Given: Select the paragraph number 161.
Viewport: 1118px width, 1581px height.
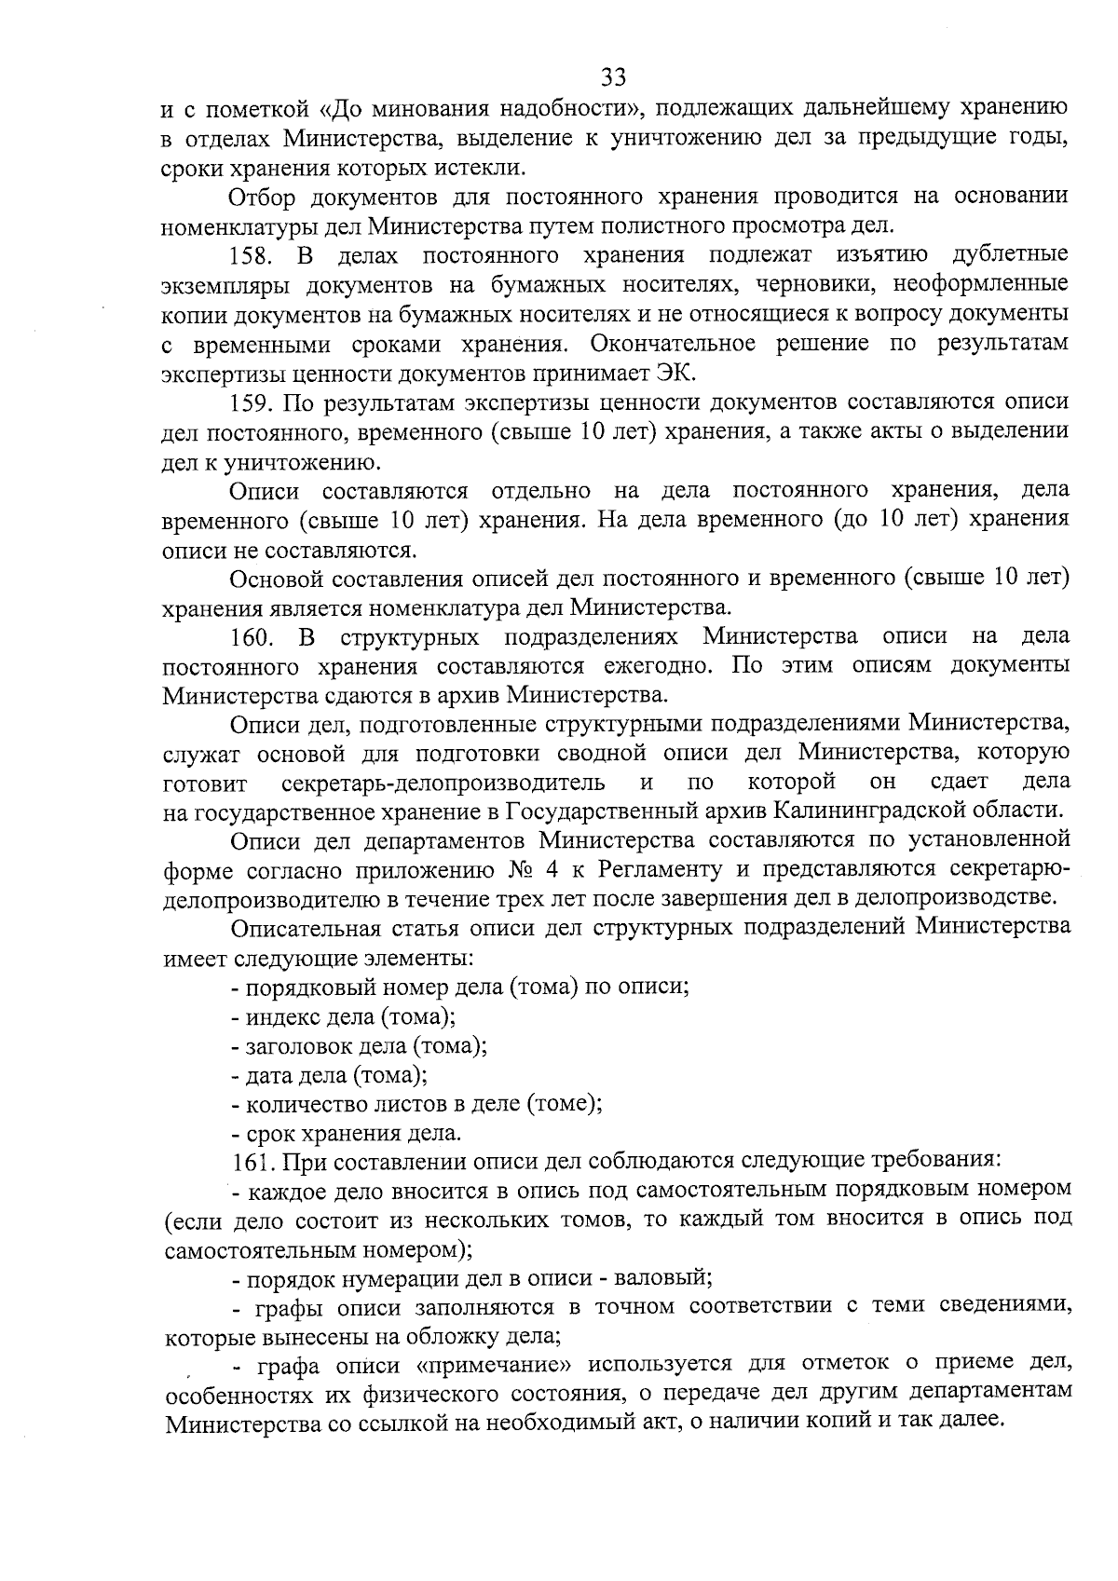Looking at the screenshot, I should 253,1162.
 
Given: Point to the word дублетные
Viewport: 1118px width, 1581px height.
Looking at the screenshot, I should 1011,255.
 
